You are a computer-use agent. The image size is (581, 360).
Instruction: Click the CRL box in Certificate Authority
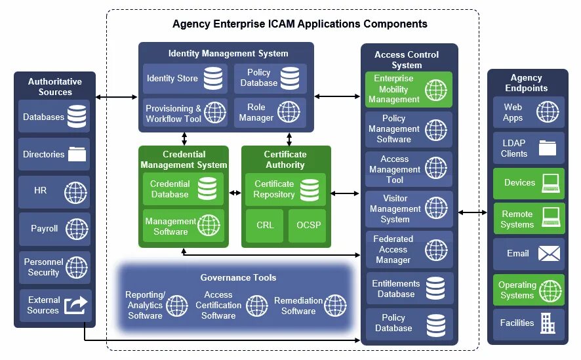click(265, 226)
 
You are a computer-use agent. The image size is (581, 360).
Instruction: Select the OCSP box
click(308, 226)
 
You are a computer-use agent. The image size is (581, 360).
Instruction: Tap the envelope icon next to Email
click(548, 254)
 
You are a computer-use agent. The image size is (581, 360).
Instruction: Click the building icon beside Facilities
click(548, 323)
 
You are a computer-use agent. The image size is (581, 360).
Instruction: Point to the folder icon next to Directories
click(77, 155)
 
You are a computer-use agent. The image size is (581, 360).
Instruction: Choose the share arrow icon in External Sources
click(76, 305)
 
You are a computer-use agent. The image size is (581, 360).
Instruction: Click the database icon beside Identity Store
click(212, 79)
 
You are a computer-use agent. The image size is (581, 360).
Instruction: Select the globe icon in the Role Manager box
click(289, 112)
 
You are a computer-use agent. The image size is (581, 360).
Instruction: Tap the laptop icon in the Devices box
click(550, 183)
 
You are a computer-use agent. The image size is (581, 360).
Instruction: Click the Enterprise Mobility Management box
click(409, 90)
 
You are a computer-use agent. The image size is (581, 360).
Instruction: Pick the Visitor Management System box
click(409, 209)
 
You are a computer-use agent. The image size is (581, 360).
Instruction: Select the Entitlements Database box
click(409, 289)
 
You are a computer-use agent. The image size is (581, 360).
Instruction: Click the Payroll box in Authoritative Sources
click(55, 229)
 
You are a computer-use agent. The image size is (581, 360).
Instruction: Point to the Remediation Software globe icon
click(335, 306)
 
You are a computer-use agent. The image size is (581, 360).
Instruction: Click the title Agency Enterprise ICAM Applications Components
click(300, 24)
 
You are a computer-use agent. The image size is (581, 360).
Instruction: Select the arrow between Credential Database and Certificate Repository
click(235, 193)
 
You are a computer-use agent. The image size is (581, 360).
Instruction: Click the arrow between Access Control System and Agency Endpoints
click(472, 212)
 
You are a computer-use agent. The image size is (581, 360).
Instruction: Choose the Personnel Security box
click(55, 267)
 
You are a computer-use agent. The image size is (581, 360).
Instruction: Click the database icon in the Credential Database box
click(207, 190)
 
